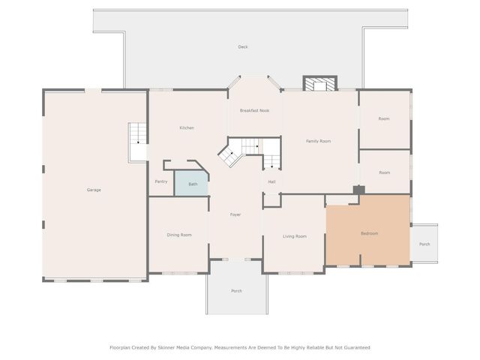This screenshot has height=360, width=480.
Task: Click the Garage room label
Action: pyautogui.click(x=94, y=190)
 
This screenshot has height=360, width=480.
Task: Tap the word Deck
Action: pyautogui.click(x=243, y=47)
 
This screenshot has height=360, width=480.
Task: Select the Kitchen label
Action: pyautogui.click(x=187, y=128)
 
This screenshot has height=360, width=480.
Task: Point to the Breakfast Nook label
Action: pyautogui.click(x=254, y=111)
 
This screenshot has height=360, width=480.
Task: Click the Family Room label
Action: pyautogui.click(x=318, y=141)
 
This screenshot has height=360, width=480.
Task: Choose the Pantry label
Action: pyautogui.click(x=161, y=181)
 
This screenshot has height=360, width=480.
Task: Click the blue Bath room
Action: pyautogui.click(x=193, y=184)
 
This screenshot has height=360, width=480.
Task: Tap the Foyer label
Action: pyautogui.click(x=235, y=215)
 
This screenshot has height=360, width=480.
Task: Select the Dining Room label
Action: pyautogui.click(x=179, y=235)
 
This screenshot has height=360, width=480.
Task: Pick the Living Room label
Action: pyautogui.click(x=294, y=236)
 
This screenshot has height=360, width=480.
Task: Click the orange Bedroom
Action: pyautogui.click(x=369, y=233)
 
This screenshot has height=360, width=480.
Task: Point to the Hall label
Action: pyautogui.click(x=271, y=181)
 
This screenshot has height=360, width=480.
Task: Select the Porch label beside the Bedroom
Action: pyautogui.click(x=424, y=244)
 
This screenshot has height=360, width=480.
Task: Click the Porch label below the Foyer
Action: pyautogui.click(x=236, y=291)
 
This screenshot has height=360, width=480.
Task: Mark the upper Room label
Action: pyautogui.click(x=384, y=119)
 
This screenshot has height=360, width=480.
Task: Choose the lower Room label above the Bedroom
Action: pyautogui.click(x=385, y=172)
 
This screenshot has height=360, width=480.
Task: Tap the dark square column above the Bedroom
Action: pyautogui.click(x=359, y=190)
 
